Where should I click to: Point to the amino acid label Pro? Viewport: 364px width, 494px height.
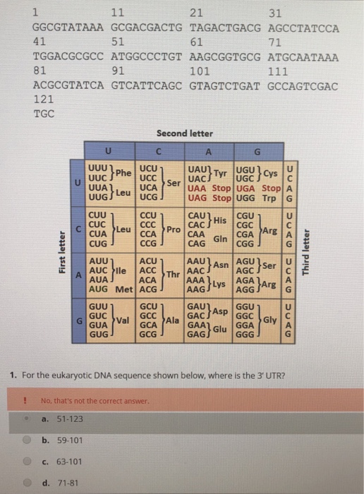(x=171, y=229)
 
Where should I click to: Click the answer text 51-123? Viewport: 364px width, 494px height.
(x=68, y=418)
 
